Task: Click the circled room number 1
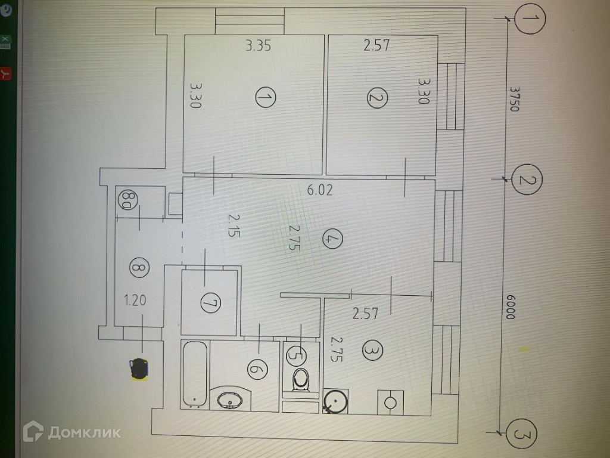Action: coord(265,97)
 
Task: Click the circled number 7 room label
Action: coord(209,304)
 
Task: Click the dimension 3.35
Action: coord(259,46)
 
